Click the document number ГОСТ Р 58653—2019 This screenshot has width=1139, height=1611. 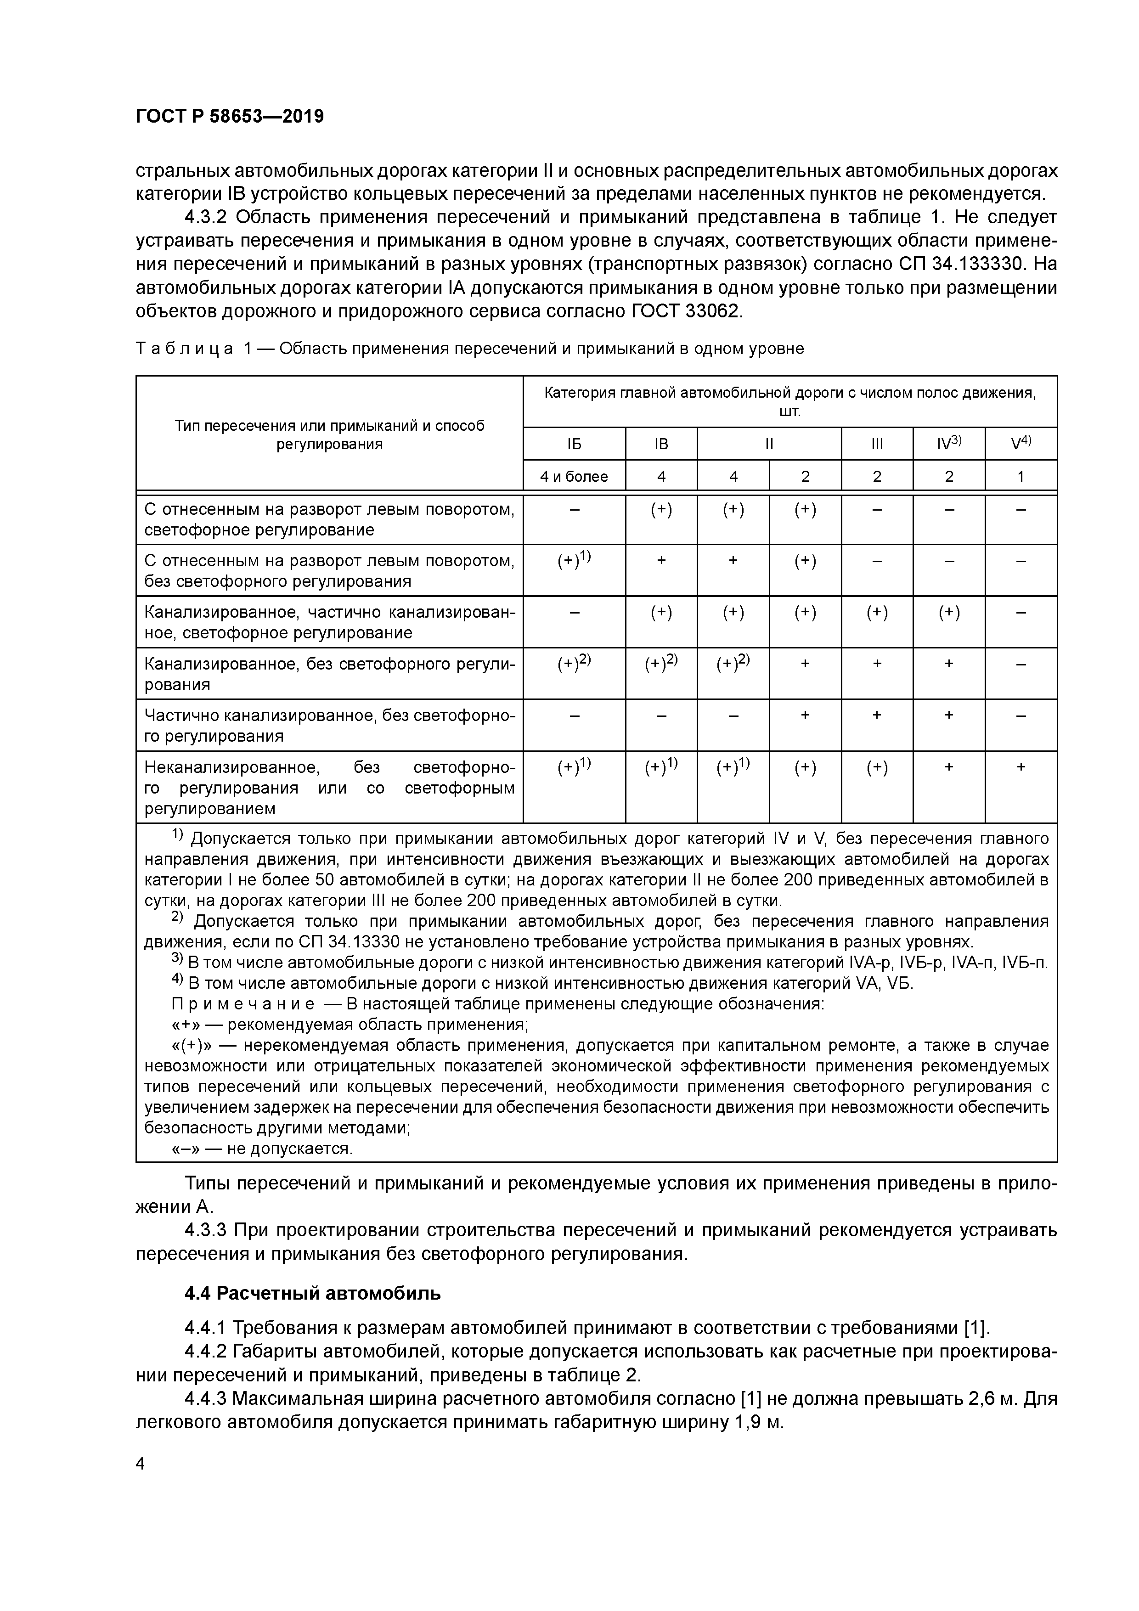[x=230, y=117]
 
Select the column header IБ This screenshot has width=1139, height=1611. [x=574, y=444]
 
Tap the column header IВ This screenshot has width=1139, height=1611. [x=661, y=444]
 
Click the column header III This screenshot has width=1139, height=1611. [x=877, y=444]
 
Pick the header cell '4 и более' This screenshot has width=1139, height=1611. [x=574, y=476]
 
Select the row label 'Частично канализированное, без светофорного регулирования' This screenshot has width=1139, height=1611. [x=329, y=726]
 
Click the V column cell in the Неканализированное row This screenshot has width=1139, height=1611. [x=1021, y=767]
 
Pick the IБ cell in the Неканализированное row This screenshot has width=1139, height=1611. [x=574, y=767]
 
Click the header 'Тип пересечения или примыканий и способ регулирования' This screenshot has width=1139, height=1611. [x=329, y=434]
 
